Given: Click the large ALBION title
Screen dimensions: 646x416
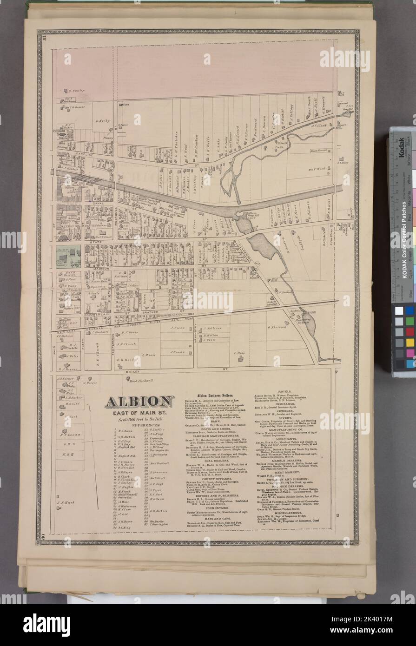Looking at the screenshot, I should pos(139,401).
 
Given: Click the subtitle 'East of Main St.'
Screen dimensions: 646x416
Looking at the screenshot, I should pos(139,412).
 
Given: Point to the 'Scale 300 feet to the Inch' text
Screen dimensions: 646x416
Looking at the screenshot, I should pos(139,420).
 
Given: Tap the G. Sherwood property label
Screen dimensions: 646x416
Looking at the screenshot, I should pos(278,327).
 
